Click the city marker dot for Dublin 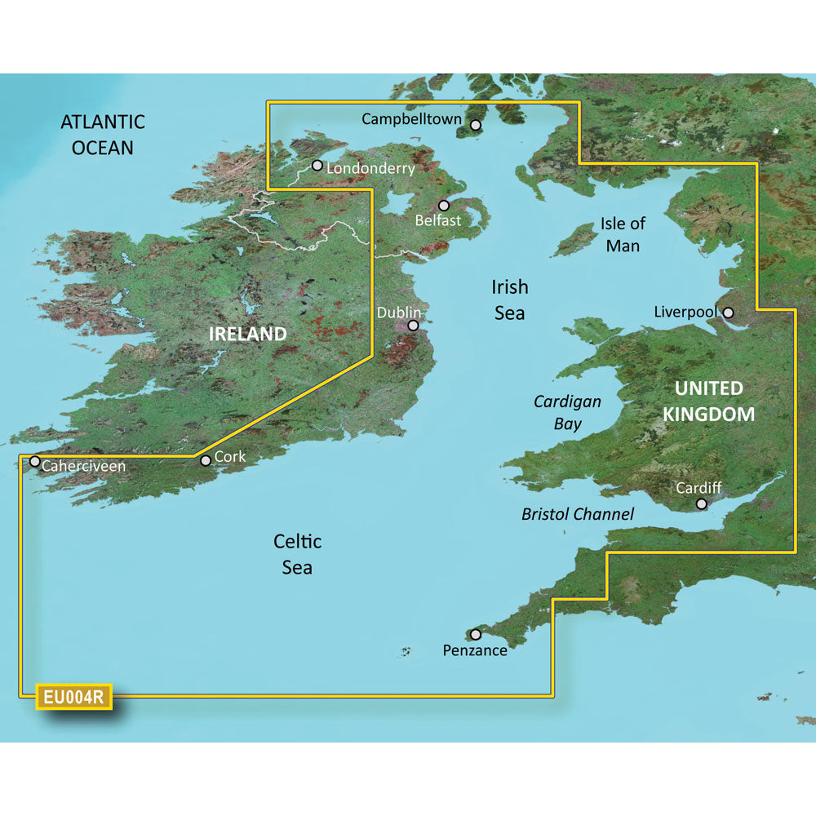413,325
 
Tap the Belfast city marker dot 444,206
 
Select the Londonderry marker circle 317,166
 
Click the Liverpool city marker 728,312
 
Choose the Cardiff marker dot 701,504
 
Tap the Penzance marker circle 476,634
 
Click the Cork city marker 206,460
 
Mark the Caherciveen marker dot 35,461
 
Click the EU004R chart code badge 73,698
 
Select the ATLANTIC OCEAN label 103,135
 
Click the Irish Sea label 509,299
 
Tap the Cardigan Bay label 567,412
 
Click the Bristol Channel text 578,514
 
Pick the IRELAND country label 248,334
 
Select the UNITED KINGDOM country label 708,401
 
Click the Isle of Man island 576,239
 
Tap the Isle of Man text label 623,233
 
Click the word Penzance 475,650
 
